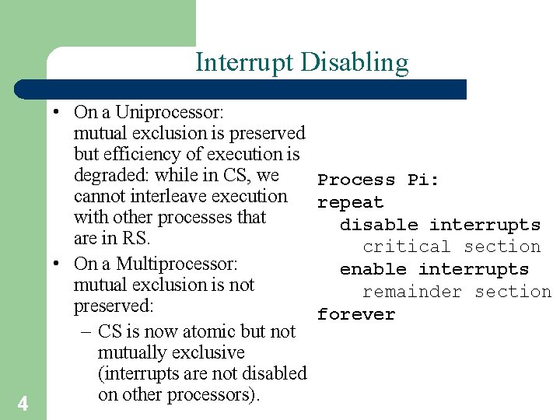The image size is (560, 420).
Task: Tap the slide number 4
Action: [x=23, y=404]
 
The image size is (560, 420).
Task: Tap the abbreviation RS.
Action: [x=135, y=238]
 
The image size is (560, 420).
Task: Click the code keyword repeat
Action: [x=350, y=203]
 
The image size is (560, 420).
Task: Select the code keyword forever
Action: [x=356, y=314]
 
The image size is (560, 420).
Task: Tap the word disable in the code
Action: [x=379, y=225]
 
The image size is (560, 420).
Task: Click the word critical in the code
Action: [x=407, y=247]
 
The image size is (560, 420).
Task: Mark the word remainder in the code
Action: [x=412, y=292]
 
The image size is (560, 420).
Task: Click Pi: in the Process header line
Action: [x=423, y=180]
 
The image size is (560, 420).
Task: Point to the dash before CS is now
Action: [x=86, y=331]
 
